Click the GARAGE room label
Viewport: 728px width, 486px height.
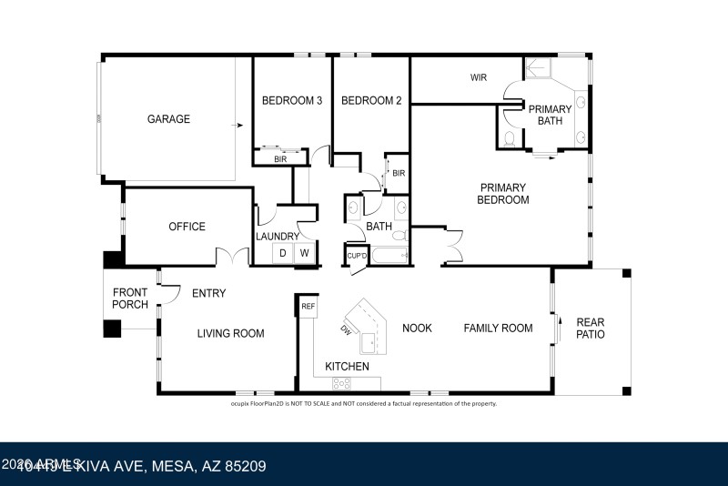pos(169,119)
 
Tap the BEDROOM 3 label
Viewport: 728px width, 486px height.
pos(292,101)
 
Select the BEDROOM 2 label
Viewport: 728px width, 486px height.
pos(371,101)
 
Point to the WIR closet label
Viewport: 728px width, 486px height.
pos(479,77)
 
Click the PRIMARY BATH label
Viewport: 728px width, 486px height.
pos(551,115)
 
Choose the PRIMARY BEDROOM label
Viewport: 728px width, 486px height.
pos(503,194)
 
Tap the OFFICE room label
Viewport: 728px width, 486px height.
pos(187,227)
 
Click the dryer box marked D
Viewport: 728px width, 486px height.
pos(283,253)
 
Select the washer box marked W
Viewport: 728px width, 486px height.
pos(306,253)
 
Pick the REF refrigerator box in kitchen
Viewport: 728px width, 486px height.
pos(308,308)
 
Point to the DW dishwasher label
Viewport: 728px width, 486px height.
pos(347,329)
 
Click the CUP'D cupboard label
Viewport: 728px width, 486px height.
pos(356,255)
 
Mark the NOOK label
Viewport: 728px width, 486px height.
pos(417,328)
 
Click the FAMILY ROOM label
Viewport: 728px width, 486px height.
pos(498,328)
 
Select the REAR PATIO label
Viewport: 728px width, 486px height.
pos(590,329)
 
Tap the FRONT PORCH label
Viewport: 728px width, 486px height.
pos(130,299)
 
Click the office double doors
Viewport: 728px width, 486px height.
pos(233,257)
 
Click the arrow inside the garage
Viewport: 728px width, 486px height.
pos(239,126)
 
